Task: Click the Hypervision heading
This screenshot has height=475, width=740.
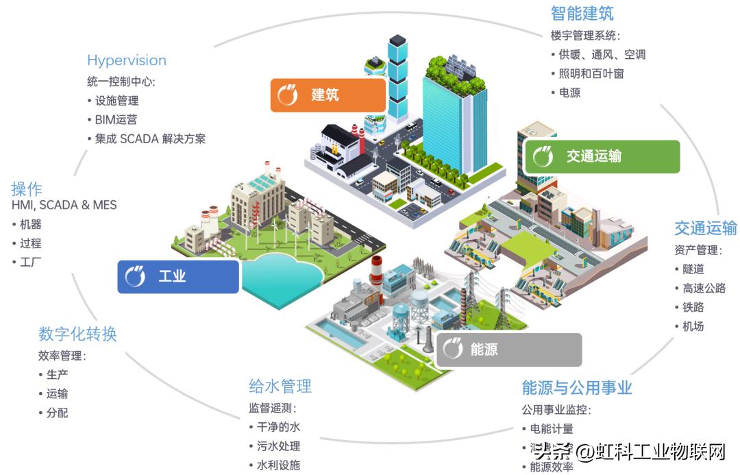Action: point(126,60)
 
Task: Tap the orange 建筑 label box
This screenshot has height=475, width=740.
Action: point(328,95)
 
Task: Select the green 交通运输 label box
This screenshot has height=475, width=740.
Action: point(601,156)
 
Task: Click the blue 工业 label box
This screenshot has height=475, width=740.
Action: point(178,277)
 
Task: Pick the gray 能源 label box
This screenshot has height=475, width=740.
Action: point(508,350)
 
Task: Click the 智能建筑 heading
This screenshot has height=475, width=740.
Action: point(582,13)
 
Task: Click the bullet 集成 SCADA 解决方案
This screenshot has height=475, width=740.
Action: point(149,138)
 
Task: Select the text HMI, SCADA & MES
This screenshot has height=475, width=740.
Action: point(64,205)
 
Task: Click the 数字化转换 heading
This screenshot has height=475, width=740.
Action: point(77,334)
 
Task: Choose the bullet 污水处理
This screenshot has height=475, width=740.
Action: point(277,446)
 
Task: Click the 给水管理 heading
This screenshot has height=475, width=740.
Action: point(280,386)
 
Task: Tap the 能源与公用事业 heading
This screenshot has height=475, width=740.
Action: point(576,388)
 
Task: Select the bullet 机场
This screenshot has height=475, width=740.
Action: point(693,326)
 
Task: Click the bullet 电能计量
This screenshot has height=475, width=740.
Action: point(551,429)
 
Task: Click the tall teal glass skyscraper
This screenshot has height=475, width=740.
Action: point(445,123)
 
